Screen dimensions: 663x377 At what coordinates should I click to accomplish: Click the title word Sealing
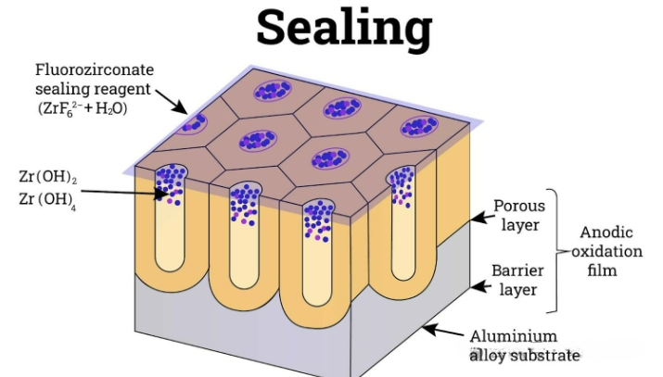click(x=344, y=29)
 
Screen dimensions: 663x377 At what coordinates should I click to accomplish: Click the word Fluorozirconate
click(x=95, y=69)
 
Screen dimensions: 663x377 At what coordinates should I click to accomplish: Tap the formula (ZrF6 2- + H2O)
click(x=83, y=109)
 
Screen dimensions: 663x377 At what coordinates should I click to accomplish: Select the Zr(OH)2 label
click(x=48, y=177)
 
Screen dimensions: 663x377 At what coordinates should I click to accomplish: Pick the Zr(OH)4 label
click(x=47, y=199)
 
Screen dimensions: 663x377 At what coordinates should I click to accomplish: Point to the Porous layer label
click(x=519, y=215)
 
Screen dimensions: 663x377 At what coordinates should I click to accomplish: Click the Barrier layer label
click(x=517, y=280)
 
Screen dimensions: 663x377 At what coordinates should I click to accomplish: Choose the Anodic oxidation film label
click(x=606, y=251)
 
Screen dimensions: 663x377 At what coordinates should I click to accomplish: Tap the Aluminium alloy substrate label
click(x=524, y=346)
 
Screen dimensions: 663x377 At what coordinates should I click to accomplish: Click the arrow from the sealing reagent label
click(x=172, y=101)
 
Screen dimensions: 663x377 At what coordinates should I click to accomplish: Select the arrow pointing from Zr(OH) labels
click(x=125, y=193)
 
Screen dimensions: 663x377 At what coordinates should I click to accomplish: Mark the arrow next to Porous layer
click(x=482, y=218)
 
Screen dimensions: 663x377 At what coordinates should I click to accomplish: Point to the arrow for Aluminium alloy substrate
click(x=443, y=330)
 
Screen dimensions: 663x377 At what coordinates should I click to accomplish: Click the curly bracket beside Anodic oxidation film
click(x=555, y=251)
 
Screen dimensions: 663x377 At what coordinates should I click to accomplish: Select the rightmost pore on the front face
click(x=402, y=223)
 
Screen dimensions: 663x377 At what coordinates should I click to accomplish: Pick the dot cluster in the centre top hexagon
click(x=258, y=141)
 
